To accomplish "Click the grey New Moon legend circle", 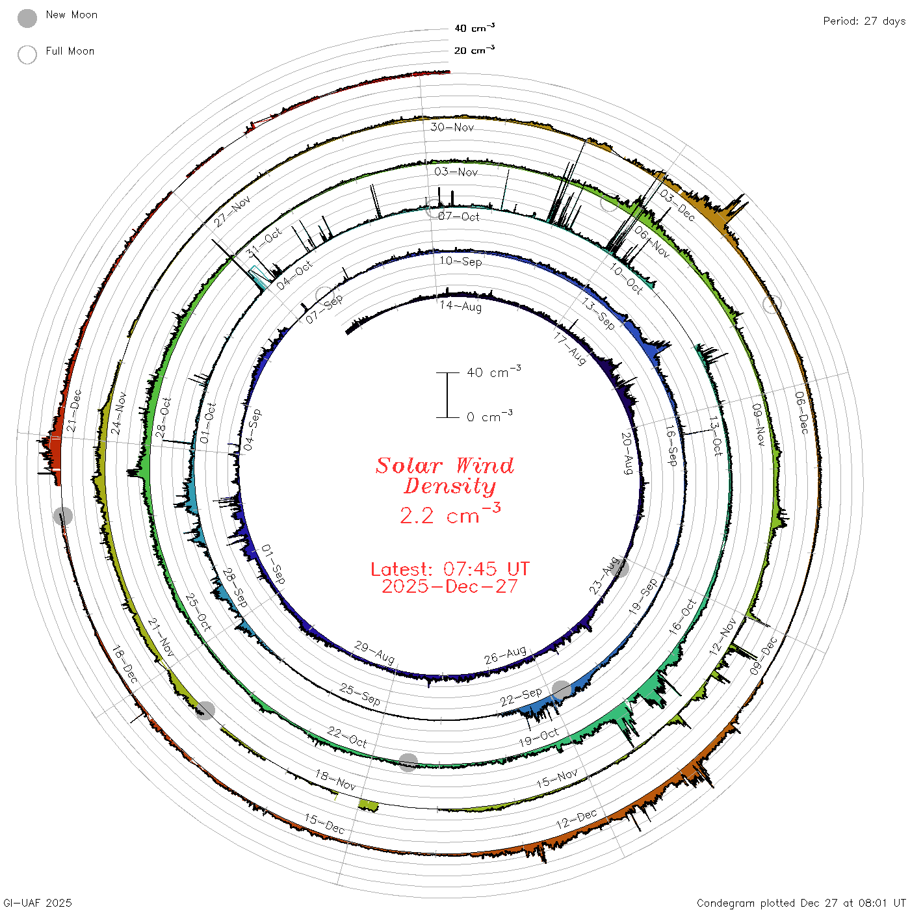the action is pos(27,18).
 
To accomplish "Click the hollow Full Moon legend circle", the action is pos(27,55).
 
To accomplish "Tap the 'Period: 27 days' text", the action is pos(864,21).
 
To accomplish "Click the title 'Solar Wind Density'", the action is pos(445,476).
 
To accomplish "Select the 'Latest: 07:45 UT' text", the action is pos(450,569).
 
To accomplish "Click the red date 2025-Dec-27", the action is pos(450,586).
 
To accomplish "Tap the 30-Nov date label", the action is pos(452,127).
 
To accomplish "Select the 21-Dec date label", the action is pos(73,410).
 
